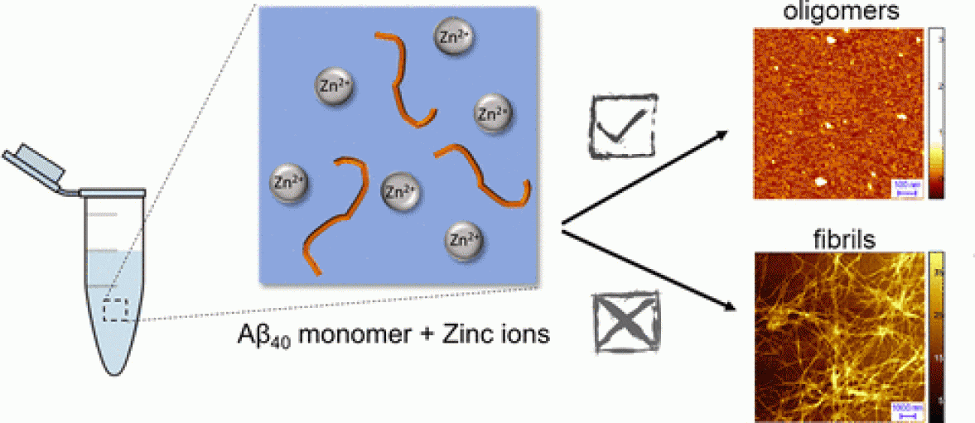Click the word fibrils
837,239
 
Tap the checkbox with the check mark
621,126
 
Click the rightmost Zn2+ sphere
492,113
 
